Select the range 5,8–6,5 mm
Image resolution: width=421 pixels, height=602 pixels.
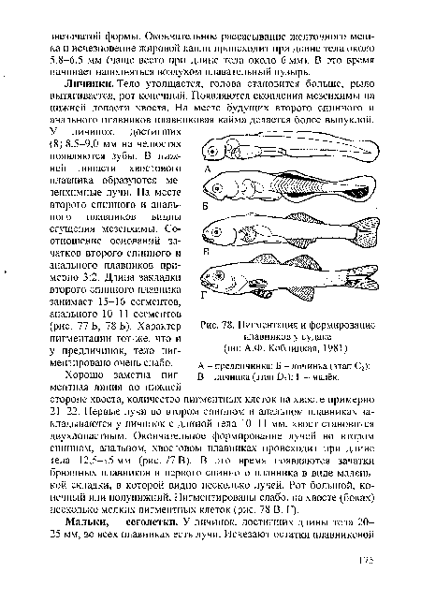80,53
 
